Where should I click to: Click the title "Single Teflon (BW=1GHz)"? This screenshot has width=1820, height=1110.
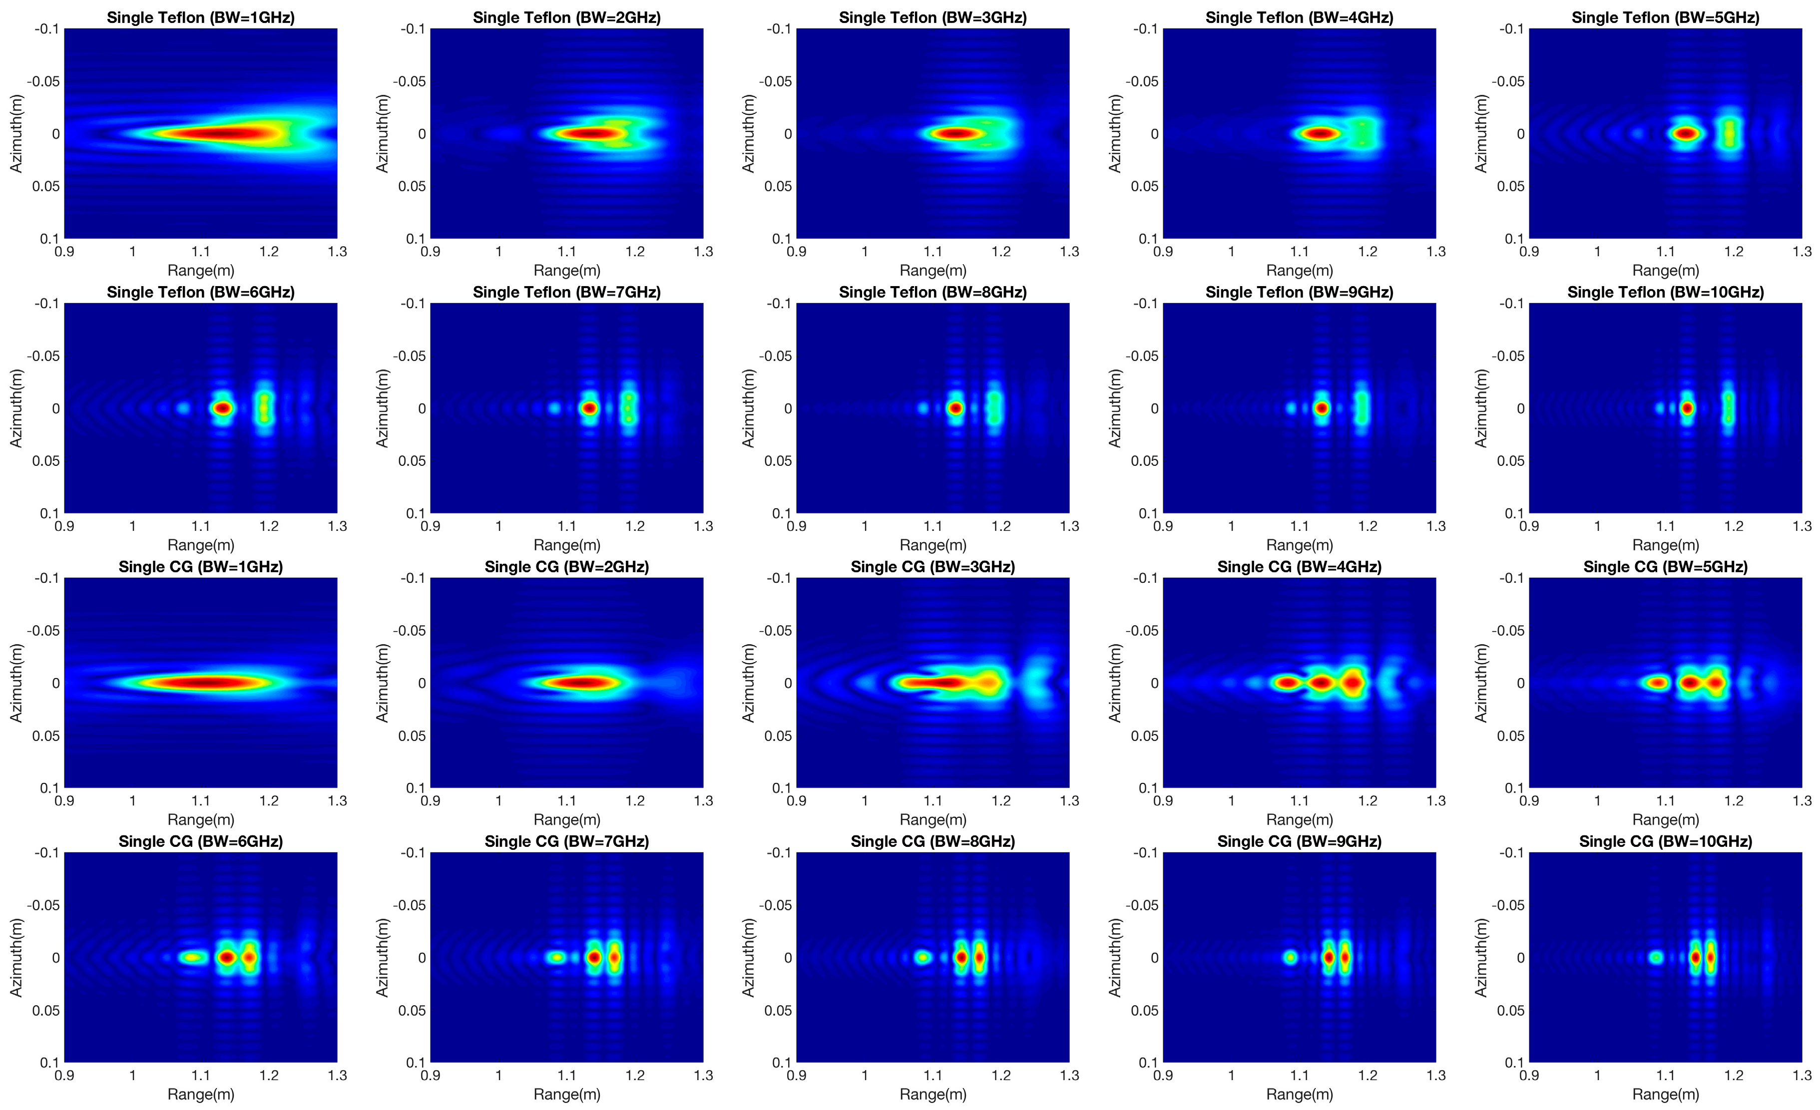pyautogui.click(x=200, y=17)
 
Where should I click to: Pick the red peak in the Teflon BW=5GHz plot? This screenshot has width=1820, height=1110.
pyautogui.click(x=1686, y=134)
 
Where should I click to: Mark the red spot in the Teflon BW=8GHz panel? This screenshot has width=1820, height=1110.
pyautogui.click(x=956, y=407)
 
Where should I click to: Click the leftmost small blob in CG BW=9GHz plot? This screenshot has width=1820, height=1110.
pyautogui.click(x=1291, y=957)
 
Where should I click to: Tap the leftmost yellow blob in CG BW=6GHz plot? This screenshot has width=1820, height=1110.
pyautogui.click(x=193, y=957)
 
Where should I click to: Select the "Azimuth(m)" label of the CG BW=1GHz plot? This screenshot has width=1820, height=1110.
pyautogui.click(x=16, y=683)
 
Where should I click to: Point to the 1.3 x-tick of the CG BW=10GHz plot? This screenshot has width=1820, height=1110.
pyautogui.click(x=1802, y=1075)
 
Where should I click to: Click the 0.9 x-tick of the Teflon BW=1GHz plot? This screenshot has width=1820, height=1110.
pyautogui.click(x=64, y=251)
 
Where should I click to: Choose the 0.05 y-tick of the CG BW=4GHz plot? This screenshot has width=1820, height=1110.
pyautogui.click(x=1144, y=736)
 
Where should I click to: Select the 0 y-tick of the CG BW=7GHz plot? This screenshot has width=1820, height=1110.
pyautogui.click(x=422, y=958)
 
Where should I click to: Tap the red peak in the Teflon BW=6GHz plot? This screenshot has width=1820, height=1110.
pyautogui.click(x=222, y=407)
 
